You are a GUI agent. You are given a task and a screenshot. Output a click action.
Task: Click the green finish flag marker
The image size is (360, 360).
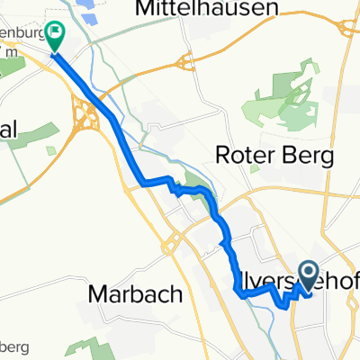[56, 35]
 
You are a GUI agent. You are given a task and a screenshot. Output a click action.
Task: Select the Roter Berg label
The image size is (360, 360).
[274, 155]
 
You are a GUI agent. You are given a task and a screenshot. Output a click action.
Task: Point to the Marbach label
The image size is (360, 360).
[136, 294]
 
